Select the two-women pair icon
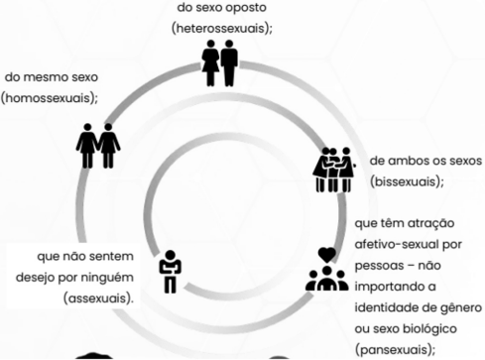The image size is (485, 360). (x=98, y=144)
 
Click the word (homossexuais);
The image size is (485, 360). (x=50, y=97)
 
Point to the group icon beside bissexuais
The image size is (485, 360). (x=333, y=170)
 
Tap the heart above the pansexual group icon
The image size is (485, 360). (x=326, y=255)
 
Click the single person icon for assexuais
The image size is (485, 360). (x=170, y=271)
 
